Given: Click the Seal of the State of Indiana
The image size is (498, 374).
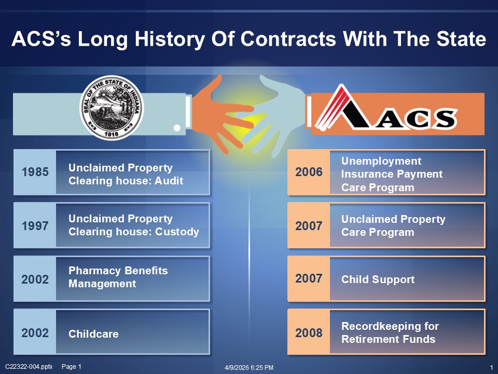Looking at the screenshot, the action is (x=112, y=108).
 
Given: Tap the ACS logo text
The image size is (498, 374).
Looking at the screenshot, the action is (x=416, y=119).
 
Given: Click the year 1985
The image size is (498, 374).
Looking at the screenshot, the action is (x=35, y=172).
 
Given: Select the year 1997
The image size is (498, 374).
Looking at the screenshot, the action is (x=35, y=226).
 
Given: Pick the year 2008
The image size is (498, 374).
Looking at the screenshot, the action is (x=309, y=332).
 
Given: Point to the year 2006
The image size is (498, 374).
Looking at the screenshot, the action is (x=309, y=172).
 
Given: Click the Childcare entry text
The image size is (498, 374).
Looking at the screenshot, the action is (x=93, y=333).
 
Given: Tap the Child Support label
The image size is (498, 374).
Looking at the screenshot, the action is (x=378, y=279).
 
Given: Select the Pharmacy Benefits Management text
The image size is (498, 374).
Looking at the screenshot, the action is (x=118, y=277).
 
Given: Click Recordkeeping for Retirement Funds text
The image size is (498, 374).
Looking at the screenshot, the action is (x=390, y=332).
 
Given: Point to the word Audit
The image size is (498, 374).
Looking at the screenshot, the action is (x=169, y=181).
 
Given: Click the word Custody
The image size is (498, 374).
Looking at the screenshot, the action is (x=177, y=232).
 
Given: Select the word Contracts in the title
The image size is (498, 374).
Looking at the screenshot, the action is (x=288, y=39).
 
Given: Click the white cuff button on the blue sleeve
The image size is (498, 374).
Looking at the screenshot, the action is (x=177, y=128).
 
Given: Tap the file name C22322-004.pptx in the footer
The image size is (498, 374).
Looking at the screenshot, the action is (x=29, y=366).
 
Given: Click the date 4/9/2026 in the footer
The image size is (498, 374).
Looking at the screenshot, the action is (x=237, y=367).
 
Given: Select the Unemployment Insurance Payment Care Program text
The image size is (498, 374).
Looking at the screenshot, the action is (x=392, y=174).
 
